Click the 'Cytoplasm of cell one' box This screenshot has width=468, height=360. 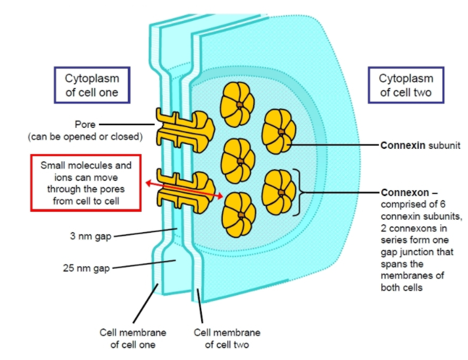pyautogui.click(x=91, y=85)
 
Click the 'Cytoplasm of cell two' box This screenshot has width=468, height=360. pyautogui.click(x=406, y=85)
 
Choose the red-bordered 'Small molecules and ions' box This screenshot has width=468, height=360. pyautogui.click(x=85, y=183)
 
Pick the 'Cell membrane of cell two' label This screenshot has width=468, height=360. pyautogui.click(x=227, y=338)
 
